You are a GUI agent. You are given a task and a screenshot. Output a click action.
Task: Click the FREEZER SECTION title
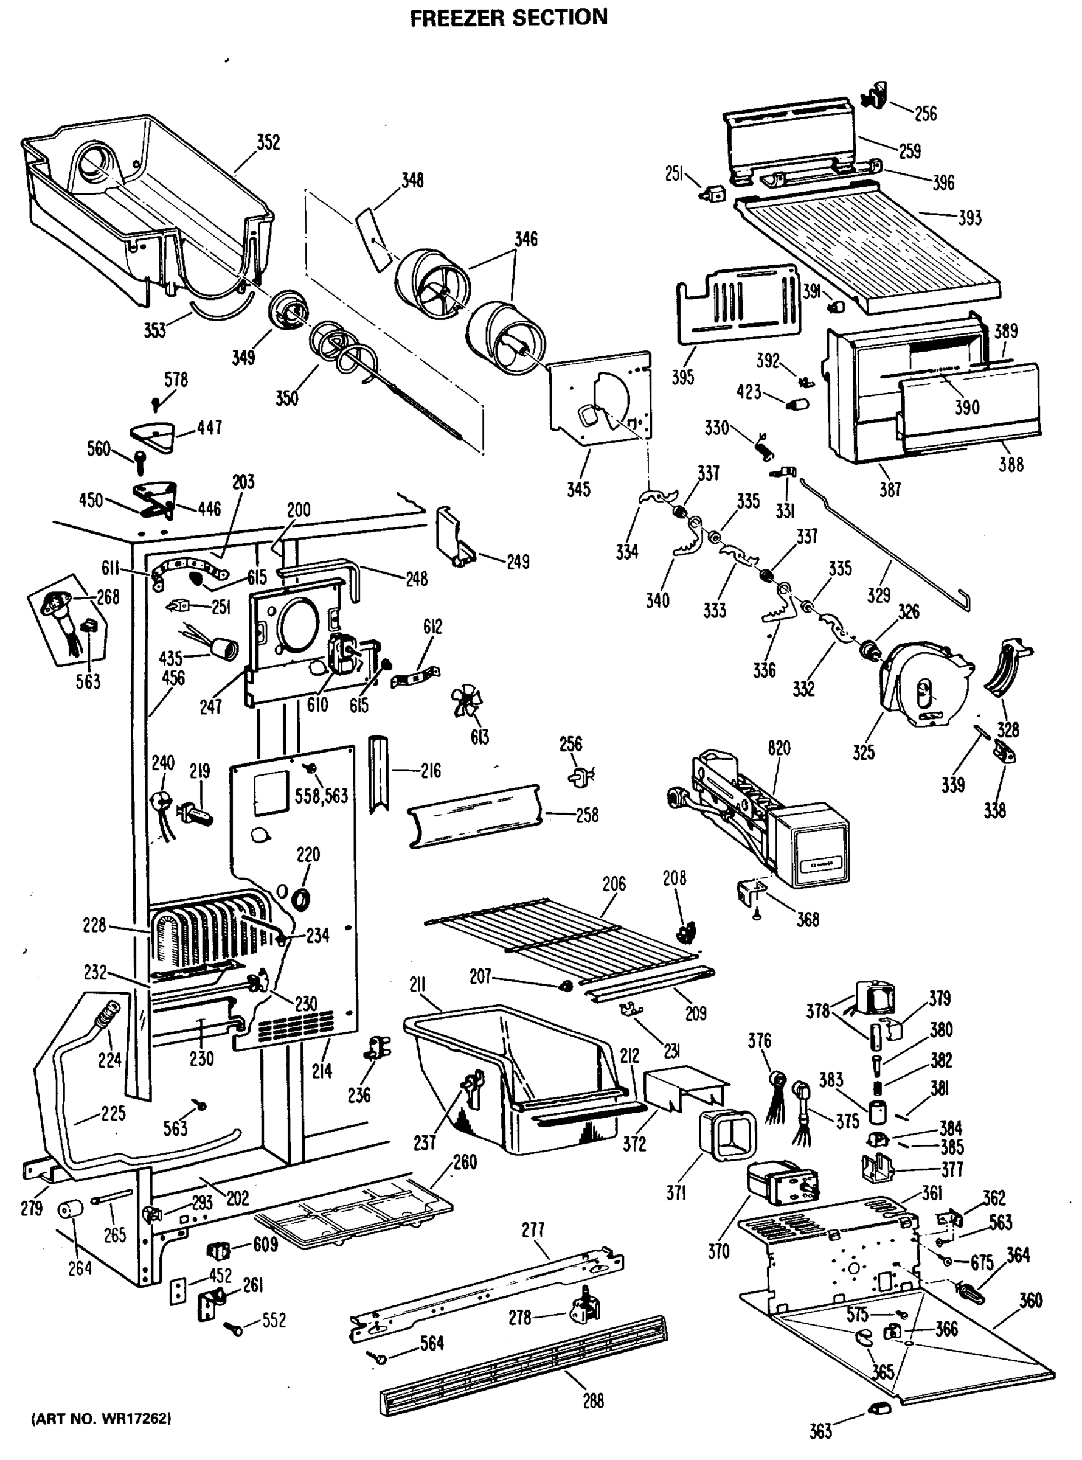pyautogui.click(x=508, y=17)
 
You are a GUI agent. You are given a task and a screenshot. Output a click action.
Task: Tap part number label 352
pyautogui.click(x=268, y=142)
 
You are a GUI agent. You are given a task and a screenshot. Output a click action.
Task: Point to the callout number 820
pyautogui.click(x=779, y=748)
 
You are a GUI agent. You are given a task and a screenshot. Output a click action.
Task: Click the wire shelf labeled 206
pyautogui.click(x=563, y=930)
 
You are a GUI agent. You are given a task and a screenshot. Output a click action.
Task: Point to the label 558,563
pyautogui.click(x=321, y=796)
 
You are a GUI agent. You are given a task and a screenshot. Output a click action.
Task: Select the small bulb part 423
pyautogui.click(x=800, y=402)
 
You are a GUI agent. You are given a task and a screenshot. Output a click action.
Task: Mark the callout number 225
pyautogui.click(x=113, y=1113)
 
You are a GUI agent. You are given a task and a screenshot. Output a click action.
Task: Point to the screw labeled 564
pyautogui.click(x=381, y=1359)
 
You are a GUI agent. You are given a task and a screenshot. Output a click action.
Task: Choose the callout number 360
pyautogui.click(x=1030, y=1300)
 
